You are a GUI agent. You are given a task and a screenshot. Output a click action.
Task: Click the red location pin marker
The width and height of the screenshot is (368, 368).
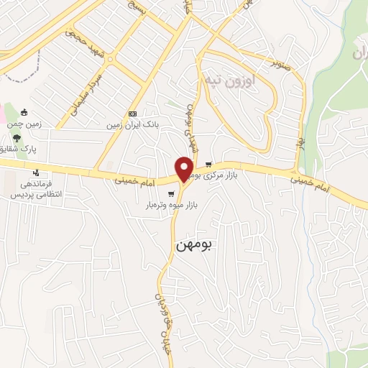pos(185,168)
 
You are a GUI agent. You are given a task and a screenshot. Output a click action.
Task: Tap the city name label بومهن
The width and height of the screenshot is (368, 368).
pos(194,245)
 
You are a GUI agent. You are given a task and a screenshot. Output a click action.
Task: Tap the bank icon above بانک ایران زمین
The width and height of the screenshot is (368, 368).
pos(132,114)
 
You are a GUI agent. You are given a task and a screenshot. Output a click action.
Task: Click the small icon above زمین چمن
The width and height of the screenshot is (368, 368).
pos(24,112)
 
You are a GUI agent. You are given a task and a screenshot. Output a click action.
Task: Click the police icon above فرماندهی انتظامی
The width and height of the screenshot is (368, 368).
pos(36,172)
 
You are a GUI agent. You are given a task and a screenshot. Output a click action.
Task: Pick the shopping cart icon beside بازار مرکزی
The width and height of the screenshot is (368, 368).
pos(209,165)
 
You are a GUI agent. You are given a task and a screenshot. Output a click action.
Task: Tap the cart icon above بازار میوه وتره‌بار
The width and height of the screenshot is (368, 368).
pos(170,193)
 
